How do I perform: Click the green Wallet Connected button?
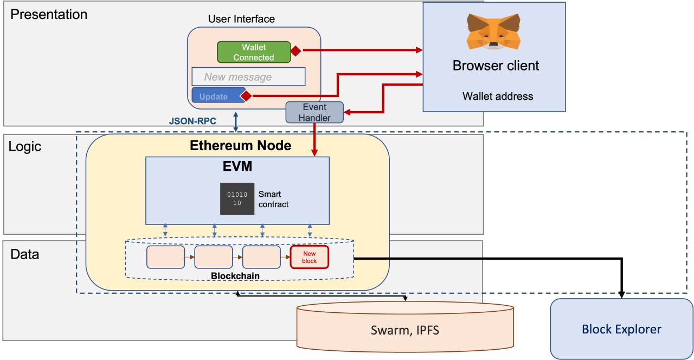(x=254, y=52)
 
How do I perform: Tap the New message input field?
(x=248, y=77)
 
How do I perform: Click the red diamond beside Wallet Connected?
(x=295, y=51)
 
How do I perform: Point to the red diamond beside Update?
(x=246, y=96)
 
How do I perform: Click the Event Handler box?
(x=314, y=112)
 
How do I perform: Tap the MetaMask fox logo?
(x=493, y=31)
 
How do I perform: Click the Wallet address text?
(x=498, y=97)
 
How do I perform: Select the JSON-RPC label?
(x=192, y=121)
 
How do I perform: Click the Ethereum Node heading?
(x=240, y=146)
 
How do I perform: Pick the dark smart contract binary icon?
(x=237, y=198)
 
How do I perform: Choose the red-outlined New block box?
(x=310, y=257)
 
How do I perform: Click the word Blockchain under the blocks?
(x=235, y=276)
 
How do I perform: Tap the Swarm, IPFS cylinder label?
(x=404, y=330)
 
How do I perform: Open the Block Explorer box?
(x=621, y=329)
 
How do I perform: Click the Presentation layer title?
(x=49, y=15)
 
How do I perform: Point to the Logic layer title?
(x=25, y=147)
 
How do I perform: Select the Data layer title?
(x=25, y=254)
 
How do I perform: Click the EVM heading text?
(x=237, y=166)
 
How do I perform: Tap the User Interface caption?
(x=241, y=19)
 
